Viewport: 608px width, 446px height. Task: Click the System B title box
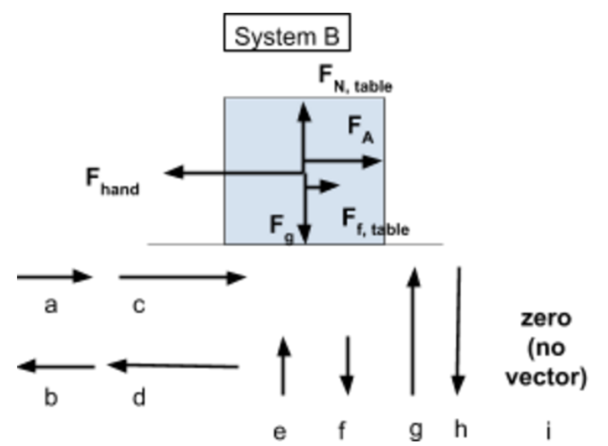(287, 32)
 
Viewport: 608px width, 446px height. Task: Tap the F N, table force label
(356, 79)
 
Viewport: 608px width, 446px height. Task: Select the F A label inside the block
(361, 129)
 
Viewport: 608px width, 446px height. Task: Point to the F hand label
(113, 182)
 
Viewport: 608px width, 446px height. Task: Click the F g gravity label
(282, 229)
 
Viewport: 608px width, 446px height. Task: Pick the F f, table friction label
(375, 222)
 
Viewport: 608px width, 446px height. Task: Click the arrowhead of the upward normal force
(304, 112)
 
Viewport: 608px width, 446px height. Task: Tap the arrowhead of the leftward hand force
(174, 172)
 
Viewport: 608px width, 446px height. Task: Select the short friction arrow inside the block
(323, 186)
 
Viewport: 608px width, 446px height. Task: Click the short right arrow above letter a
(55, 277)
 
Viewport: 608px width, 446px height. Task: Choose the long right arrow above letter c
(183, 277)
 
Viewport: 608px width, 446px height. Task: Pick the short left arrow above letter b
(56, 366)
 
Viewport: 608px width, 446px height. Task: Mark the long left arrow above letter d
(173, 366)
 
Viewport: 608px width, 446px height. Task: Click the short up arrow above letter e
(284, 366)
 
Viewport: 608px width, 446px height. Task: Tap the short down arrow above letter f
(347, 366)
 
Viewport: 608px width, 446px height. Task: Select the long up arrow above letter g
(413, 331)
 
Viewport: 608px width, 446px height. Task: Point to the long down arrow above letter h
(459, 331)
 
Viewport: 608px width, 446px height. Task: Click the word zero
(546, 318)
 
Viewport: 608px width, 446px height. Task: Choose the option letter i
(549, 430)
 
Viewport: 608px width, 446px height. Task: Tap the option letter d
(139, 397)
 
